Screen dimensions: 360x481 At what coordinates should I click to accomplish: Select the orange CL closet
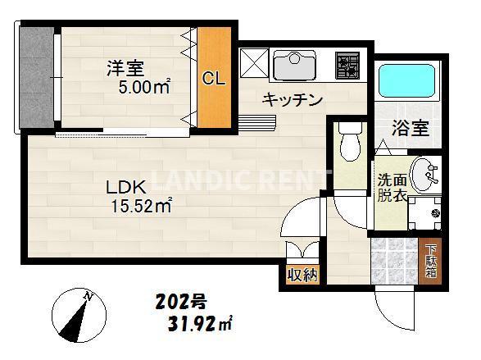point(213,80)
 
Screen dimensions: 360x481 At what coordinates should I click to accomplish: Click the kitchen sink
point(294,64)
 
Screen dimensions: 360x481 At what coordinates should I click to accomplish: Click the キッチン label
point(292,100)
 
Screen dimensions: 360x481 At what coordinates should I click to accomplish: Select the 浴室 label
point(410,128)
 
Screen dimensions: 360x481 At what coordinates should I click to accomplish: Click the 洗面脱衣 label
point(390,189)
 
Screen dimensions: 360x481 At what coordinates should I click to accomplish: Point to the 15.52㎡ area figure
point(141,206)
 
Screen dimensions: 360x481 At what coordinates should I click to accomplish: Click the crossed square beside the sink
point(253,63)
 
